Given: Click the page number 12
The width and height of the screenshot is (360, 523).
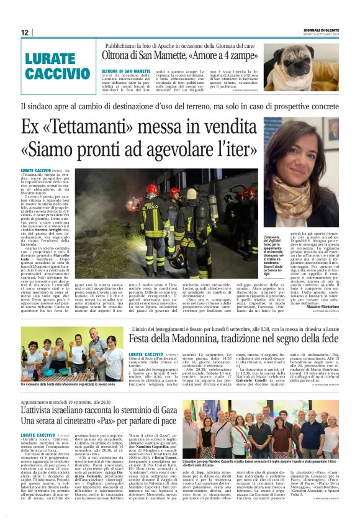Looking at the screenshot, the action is point(24,33).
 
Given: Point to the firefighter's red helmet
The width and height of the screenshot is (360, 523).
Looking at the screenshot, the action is point(151,188).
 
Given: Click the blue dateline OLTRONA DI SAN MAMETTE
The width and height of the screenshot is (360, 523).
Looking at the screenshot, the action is point(125,72).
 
